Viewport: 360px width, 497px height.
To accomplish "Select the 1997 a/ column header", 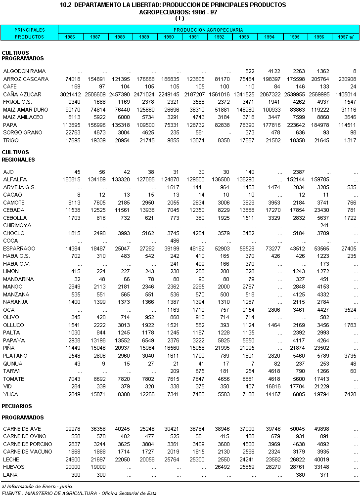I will click(346, 37).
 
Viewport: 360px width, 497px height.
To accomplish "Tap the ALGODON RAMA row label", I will click(24, 72).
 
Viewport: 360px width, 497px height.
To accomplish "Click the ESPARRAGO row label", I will click(19, 248).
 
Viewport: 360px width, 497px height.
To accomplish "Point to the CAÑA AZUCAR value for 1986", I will click(69, 94).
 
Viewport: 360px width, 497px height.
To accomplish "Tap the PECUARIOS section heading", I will click(17, 406).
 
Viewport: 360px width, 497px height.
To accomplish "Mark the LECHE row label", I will click(11, 459).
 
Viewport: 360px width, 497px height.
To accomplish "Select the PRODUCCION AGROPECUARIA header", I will click(208, 30).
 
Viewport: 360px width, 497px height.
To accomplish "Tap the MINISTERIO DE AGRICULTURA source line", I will click(79, 493).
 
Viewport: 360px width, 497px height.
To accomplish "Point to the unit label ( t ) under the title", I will click(180, 18).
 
